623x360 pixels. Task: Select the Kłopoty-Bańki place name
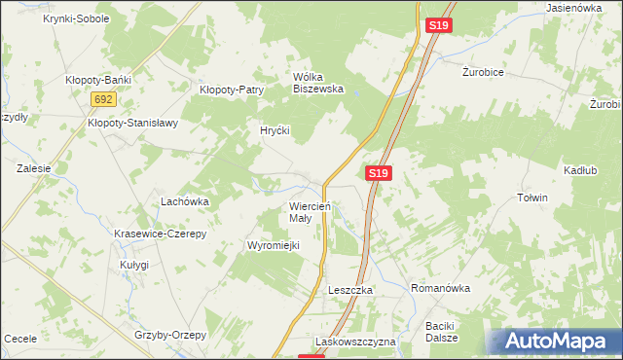tap(97, 80)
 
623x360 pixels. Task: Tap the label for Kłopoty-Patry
tap(232, 90)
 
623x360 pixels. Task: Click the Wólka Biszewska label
tap(318, 82)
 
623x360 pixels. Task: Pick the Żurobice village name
tap(487, 71)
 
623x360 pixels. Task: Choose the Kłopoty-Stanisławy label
tap(132, 123)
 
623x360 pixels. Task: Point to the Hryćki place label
tap(275, 129)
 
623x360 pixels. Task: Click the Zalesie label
tap(33, 167)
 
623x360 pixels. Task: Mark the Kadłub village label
tap(579, 170)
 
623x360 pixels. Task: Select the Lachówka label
tap(185, 201)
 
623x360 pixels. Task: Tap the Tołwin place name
tap(532, 198)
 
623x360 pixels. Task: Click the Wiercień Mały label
tap(311, 212)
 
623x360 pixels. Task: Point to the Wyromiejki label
tap(275, 245)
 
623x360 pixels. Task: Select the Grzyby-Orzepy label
tap(171, 335)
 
